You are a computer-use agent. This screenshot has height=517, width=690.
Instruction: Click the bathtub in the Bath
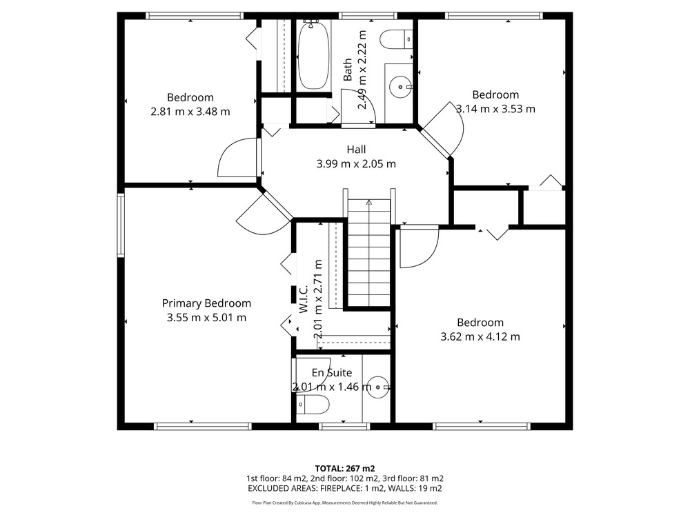point(313,55)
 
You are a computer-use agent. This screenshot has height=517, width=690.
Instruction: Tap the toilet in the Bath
point(395,39)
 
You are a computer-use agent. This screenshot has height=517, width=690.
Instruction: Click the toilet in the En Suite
point(313,405)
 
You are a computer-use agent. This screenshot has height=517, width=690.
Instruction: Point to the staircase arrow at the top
point(368,203)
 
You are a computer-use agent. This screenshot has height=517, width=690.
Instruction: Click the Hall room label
point(356,150)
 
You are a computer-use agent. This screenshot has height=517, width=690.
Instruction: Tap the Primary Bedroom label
point(206,303)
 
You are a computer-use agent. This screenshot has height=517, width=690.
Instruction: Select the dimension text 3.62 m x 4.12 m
point(480,337)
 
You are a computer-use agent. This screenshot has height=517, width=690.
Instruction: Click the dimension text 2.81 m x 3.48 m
point(190,112)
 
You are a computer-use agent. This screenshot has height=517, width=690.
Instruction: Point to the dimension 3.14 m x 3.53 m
point(495,109)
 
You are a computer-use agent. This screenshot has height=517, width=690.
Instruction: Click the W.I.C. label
point(304,299)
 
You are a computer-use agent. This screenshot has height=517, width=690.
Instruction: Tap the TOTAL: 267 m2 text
point(345,469)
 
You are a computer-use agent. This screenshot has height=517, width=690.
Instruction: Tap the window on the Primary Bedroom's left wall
point(121,225)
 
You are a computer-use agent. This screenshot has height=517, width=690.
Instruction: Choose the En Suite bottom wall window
point(344,426)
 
